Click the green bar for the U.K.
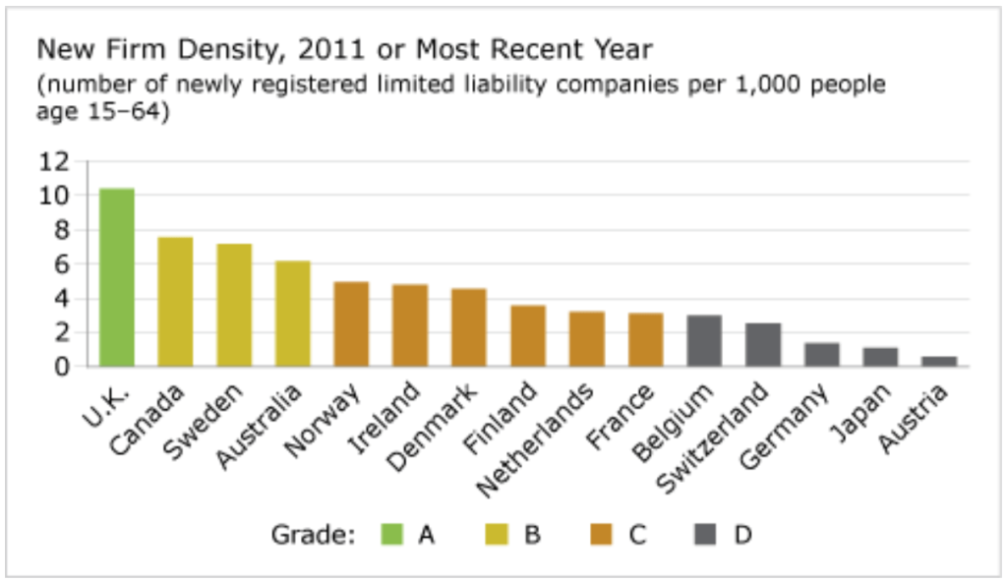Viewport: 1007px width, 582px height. click(x=116, y=277)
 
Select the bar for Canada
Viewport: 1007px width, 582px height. click(x=175, y=302)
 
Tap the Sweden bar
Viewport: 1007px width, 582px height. click(x=234, y=305)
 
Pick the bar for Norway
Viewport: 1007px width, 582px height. click(x=351, y=323)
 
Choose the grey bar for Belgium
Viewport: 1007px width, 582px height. click(x=703, y=340)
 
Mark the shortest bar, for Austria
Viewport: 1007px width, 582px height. click(x=939, y=361)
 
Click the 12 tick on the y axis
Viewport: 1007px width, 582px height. click(x=56, y=161)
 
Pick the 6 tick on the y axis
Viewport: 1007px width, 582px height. click(x=61, y=263)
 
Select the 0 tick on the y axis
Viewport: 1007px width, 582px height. click(x=61, y=366)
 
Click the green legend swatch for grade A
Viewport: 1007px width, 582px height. click(x=392, y=535)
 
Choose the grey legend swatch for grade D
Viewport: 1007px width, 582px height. click(x=705, y=535)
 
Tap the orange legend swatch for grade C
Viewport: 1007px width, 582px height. click(x=601, y=535)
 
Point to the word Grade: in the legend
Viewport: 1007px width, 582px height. click(x=312, y=535)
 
